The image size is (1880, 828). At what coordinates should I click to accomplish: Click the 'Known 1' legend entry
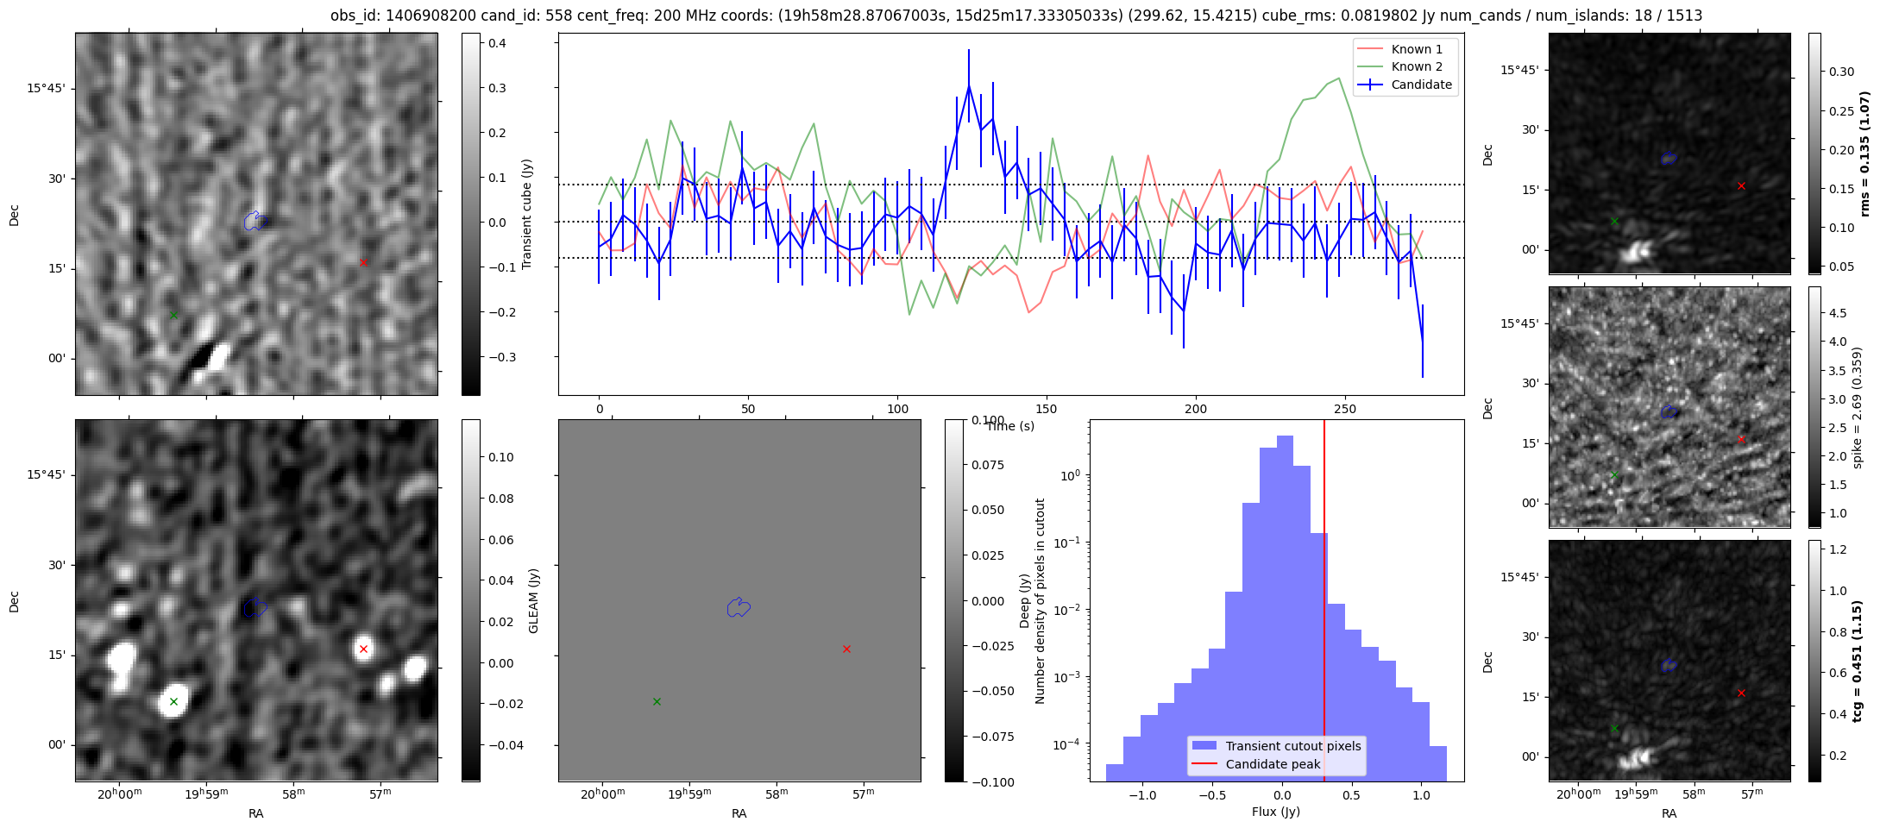tap(1416, 49)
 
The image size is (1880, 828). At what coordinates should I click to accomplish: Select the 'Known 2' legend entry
tap(1416, 66)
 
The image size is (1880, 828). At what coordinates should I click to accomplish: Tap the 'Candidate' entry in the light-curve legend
tap(1421, 85)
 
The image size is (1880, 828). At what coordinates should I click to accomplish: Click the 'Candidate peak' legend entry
tap(1273, 764)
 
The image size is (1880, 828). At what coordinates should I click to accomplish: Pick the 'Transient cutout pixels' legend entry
tap(1292, 746)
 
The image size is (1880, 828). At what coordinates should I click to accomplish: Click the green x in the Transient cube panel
tap(173, 315)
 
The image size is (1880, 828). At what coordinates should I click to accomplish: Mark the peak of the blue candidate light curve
tap(969, 85)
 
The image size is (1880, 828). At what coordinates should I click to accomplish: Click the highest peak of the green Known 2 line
tap(1339, 78)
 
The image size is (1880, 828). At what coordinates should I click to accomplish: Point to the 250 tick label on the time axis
tap(1345, 409)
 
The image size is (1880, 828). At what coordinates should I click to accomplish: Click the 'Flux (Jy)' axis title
tap(1275, 812)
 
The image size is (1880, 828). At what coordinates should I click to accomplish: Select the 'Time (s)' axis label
tap(1010, 426)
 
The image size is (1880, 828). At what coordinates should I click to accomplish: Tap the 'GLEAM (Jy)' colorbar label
tap(533, 600)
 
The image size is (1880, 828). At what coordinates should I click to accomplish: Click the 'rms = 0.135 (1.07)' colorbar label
tap(1864, 154)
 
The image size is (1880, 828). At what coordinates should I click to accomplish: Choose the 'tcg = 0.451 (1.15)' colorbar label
tap(1864, 661)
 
